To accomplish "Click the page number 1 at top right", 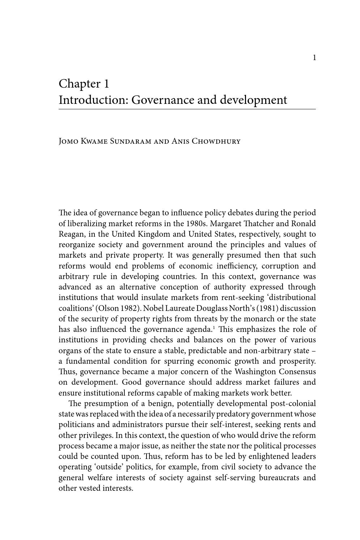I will pos(314,58).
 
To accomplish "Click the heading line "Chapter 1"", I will pos(84,84).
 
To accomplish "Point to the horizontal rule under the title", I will pos(187,109).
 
